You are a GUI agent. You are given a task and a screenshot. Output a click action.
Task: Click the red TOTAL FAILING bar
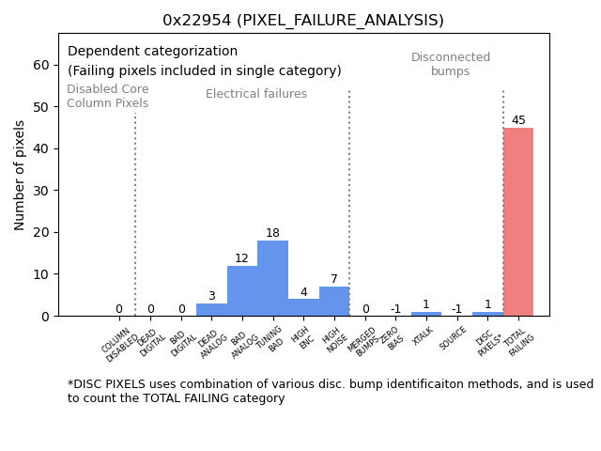[x=517, y=222]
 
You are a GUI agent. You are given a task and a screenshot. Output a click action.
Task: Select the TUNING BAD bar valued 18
[x=272, y=278]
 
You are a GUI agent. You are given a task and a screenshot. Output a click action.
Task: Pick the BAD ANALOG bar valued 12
[x=242, y=290]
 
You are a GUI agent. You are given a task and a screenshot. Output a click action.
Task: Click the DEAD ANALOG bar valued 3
[x=211, y=309]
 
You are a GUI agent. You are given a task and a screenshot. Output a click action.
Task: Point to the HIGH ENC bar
[x=303, y=307]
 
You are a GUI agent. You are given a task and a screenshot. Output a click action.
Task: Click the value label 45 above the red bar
[x=518, y=120]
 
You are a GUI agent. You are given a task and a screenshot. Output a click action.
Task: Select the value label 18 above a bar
[x=272, y=233]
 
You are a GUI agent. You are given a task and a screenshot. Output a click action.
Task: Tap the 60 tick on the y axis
[x=41, y=65]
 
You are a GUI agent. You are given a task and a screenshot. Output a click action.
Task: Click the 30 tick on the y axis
[x=41, y=191]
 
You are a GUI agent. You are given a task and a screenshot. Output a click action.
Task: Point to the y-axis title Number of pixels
[x=20, y=175]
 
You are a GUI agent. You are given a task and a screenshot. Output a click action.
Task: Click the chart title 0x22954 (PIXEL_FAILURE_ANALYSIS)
[x=302, y=21]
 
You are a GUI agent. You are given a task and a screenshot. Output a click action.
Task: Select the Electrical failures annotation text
[x=256, y=94]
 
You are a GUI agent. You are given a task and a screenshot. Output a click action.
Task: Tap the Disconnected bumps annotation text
[x=451, y=65]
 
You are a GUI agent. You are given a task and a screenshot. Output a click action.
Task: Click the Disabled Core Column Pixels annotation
[x=107, y=96]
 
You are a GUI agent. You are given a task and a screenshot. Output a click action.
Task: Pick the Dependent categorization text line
[x=152, y=52]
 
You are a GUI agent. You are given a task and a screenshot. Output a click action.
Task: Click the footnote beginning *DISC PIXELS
[x=330, y=391]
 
